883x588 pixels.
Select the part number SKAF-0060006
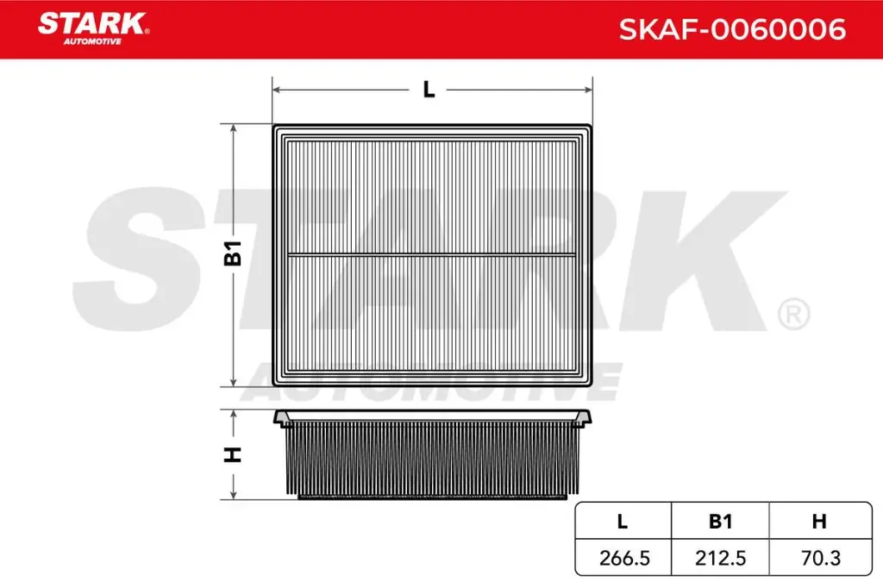[x=732, y=30]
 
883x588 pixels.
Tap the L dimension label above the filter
[x=429, y=89]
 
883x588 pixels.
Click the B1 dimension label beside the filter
[x=234, y=254]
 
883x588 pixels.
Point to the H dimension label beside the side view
[x=234, y=454]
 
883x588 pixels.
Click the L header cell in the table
[x=623, y=521]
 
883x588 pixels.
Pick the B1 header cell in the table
[x=720, y=521]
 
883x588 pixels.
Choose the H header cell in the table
[x=819, y=521]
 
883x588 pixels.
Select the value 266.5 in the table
[x=623, y=558]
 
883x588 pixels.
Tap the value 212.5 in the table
[x=720, y=558]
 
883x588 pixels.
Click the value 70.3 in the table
[x=819, y=558]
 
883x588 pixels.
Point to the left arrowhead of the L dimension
[x=277, y=89]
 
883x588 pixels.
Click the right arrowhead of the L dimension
[x=589, y=89]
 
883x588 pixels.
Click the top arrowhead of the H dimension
[x=234, y=415]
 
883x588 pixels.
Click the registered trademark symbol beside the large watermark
[x=792, y=315]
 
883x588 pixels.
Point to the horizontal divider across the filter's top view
[x=431, y=254]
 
